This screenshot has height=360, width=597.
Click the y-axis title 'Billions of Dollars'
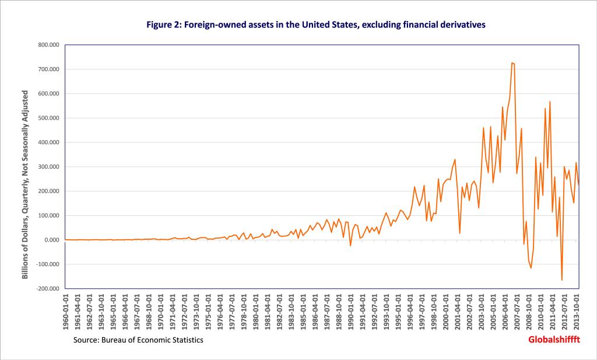tap(26, 184)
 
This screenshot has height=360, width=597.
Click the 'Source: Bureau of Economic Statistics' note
tap(138, 340)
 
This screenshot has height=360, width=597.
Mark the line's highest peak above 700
tap(512, 62)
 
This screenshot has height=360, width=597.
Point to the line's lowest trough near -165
tap(562, 280)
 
